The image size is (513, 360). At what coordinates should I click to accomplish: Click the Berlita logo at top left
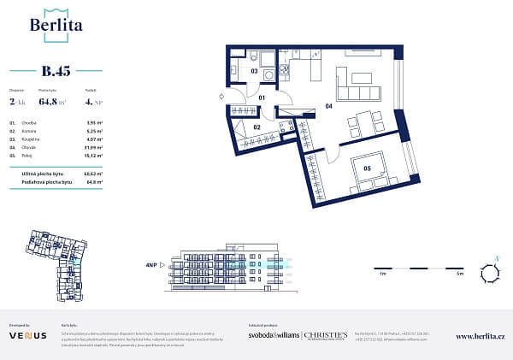pos(56,24)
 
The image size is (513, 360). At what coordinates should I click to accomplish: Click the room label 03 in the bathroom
pos(254,72)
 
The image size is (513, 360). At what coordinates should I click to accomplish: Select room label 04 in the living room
pos(328,107)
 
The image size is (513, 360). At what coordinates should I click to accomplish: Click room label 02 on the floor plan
pos(256,127)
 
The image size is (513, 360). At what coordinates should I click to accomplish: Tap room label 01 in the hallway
pos(263,99)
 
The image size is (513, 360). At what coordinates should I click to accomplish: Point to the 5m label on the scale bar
pos(458,274)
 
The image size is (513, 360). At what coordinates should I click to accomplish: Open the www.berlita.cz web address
pos(483,337)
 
